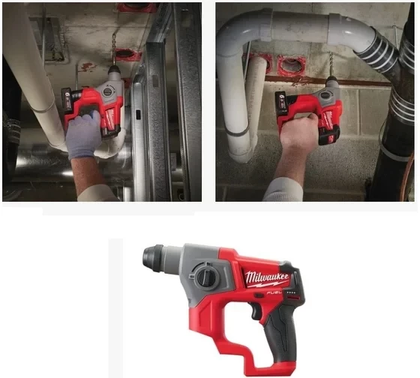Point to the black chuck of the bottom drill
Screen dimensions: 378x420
coord(153,259)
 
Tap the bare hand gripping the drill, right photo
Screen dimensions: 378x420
coord(301,135)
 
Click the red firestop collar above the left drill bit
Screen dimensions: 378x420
coord(127,54)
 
